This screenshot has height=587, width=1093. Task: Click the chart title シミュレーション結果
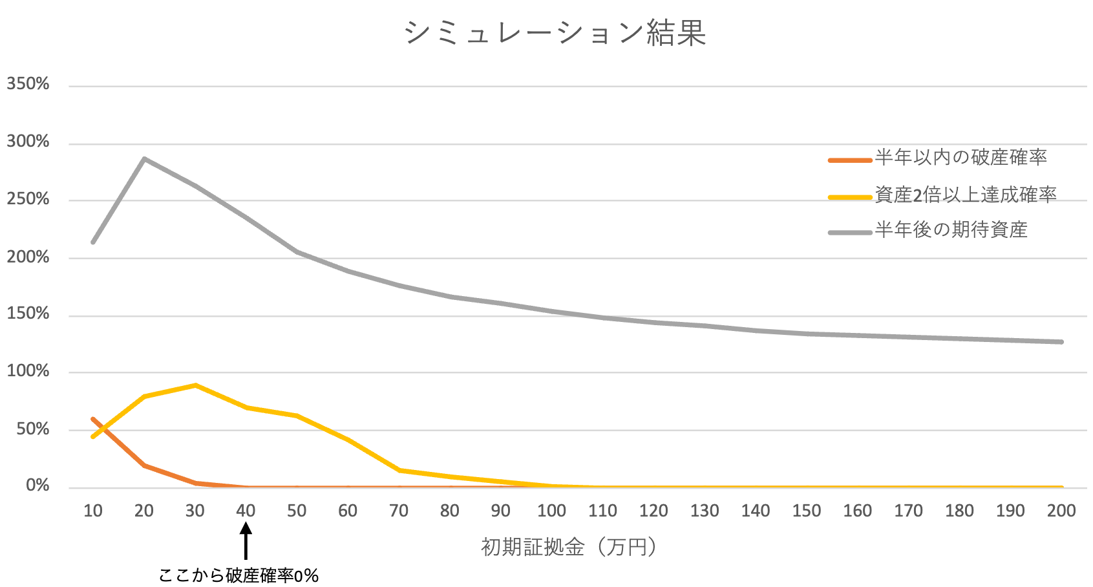pyautogui.click(x=555, y=32)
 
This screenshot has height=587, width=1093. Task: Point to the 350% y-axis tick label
pyautogui.click(x=28, y=84)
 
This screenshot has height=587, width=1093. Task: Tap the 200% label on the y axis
pyautogui.click(x=28, y=257)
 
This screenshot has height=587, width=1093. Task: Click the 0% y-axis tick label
pyautogui.click(x=37, y=486)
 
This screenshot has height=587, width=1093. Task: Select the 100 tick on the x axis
pyautogui.click(x=551, y=511)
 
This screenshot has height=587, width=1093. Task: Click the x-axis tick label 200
pyautogui.click(x=1061, y=511)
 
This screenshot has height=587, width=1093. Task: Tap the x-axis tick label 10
pyautogui.click(x=93, y=511)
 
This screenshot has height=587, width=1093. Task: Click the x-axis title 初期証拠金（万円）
pyautogui.click(x=569, y=547)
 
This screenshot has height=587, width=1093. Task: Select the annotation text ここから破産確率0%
pyautogui.click(x=239, y=575)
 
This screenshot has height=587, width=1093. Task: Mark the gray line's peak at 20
pyautogui.click(x=144, y=158)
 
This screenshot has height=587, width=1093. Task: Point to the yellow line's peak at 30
pyautogui.click(x=195, y=385)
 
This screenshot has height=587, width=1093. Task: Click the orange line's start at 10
pyautogui.click(x=93, y=419)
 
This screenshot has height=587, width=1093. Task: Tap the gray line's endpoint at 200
pyautogui.click(x=1061, y=342)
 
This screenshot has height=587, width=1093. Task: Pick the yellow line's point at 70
pyautogui.click(x=399, y=470)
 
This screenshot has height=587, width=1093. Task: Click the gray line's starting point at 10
pyautogui.click(x=93, y=242)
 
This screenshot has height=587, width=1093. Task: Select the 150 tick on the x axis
pyautogui.click(x=806, y=511)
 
